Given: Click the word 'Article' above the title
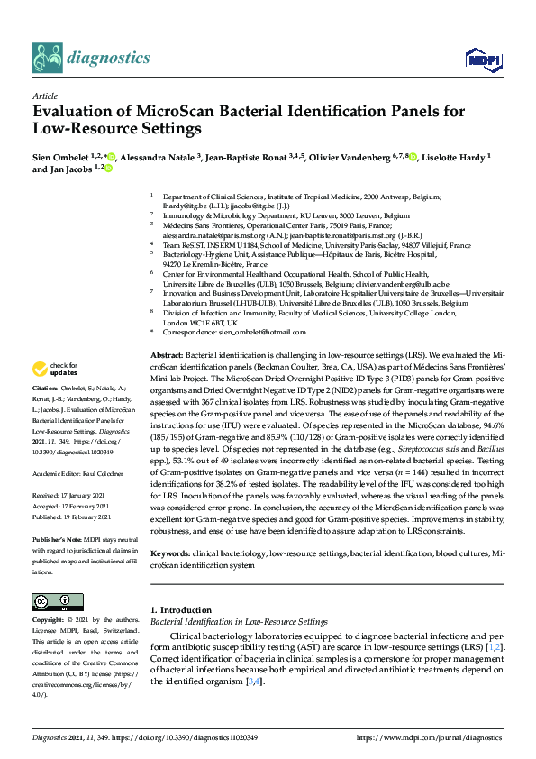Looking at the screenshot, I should click(44, 96).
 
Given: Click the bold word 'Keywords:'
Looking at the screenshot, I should click(169, 551).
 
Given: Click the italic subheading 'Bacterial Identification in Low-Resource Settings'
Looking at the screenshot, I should click(238, 622).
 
